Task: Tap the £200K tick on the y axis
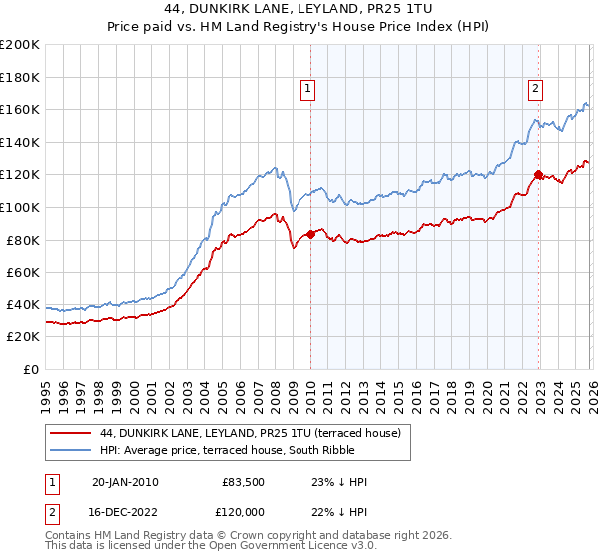point(21,45)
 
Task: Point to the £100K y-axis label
point(21,207)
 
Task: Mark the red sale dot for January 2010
point(310,234)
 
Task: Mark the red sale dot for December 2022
point(539,175)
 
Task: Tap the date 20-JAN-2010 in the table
point(125,482)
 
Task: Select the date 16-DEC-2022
point(125,513)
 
